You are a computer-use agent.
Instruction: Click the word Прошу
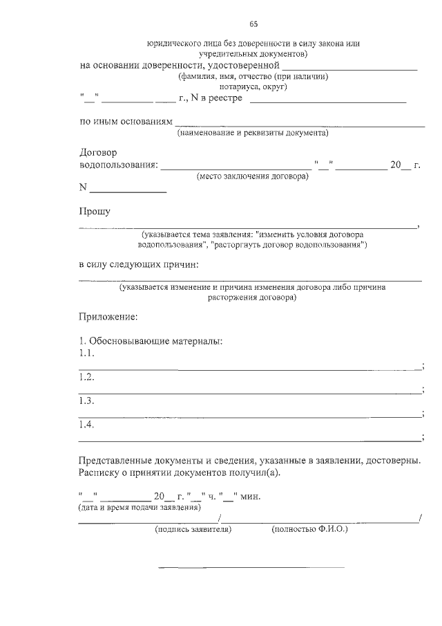(x=95, y=212)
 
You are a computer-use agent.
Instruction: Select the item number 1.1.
(x=86, y=353)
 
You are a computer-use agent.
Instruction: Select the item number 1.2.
(x=86, y=377)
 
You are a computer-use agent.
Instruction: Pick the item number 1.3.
(x=86, y=401)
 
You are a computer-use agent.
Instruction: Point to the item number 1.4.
(x=86, y=425)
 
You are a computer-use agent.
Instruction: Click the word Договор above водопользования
(x=99, y=152)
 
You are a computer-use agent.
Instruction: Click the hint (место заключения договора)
(x=252, y=176)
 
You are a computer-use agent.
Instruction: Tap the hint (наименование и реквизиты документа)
(x=253, y=133)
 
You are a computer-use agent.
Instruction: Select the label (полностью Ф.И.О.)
(x=309, y=530)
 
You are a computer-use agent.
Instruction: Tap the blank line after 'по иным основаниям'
(x=300, y=126)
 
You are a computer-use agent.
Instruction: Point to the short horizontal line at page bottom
(x=252, y=567)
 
